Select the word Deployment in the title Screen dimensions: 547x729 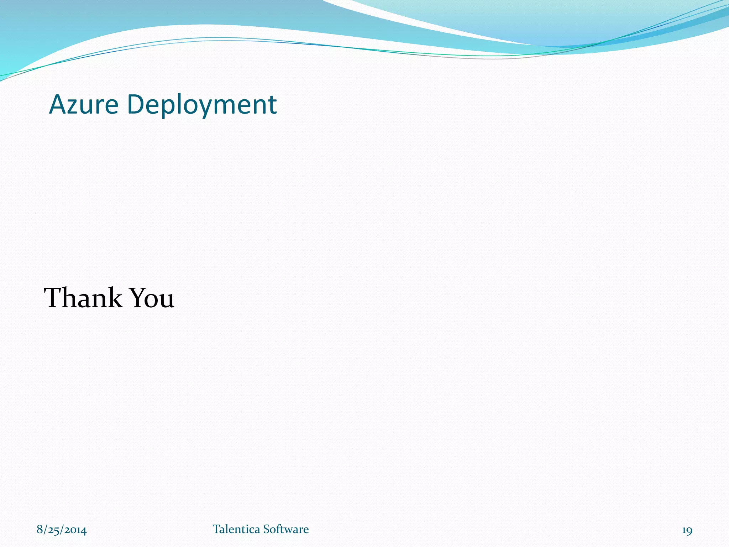pos(202,105)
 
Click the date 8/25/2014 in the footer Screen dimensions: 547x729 pos(62,530)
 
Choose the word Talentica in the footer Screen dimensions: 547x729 pos(236,529)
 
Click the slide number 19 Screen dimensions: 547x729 pos(687,530)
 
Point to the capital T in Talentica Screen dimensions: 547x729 pos(216,529)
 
